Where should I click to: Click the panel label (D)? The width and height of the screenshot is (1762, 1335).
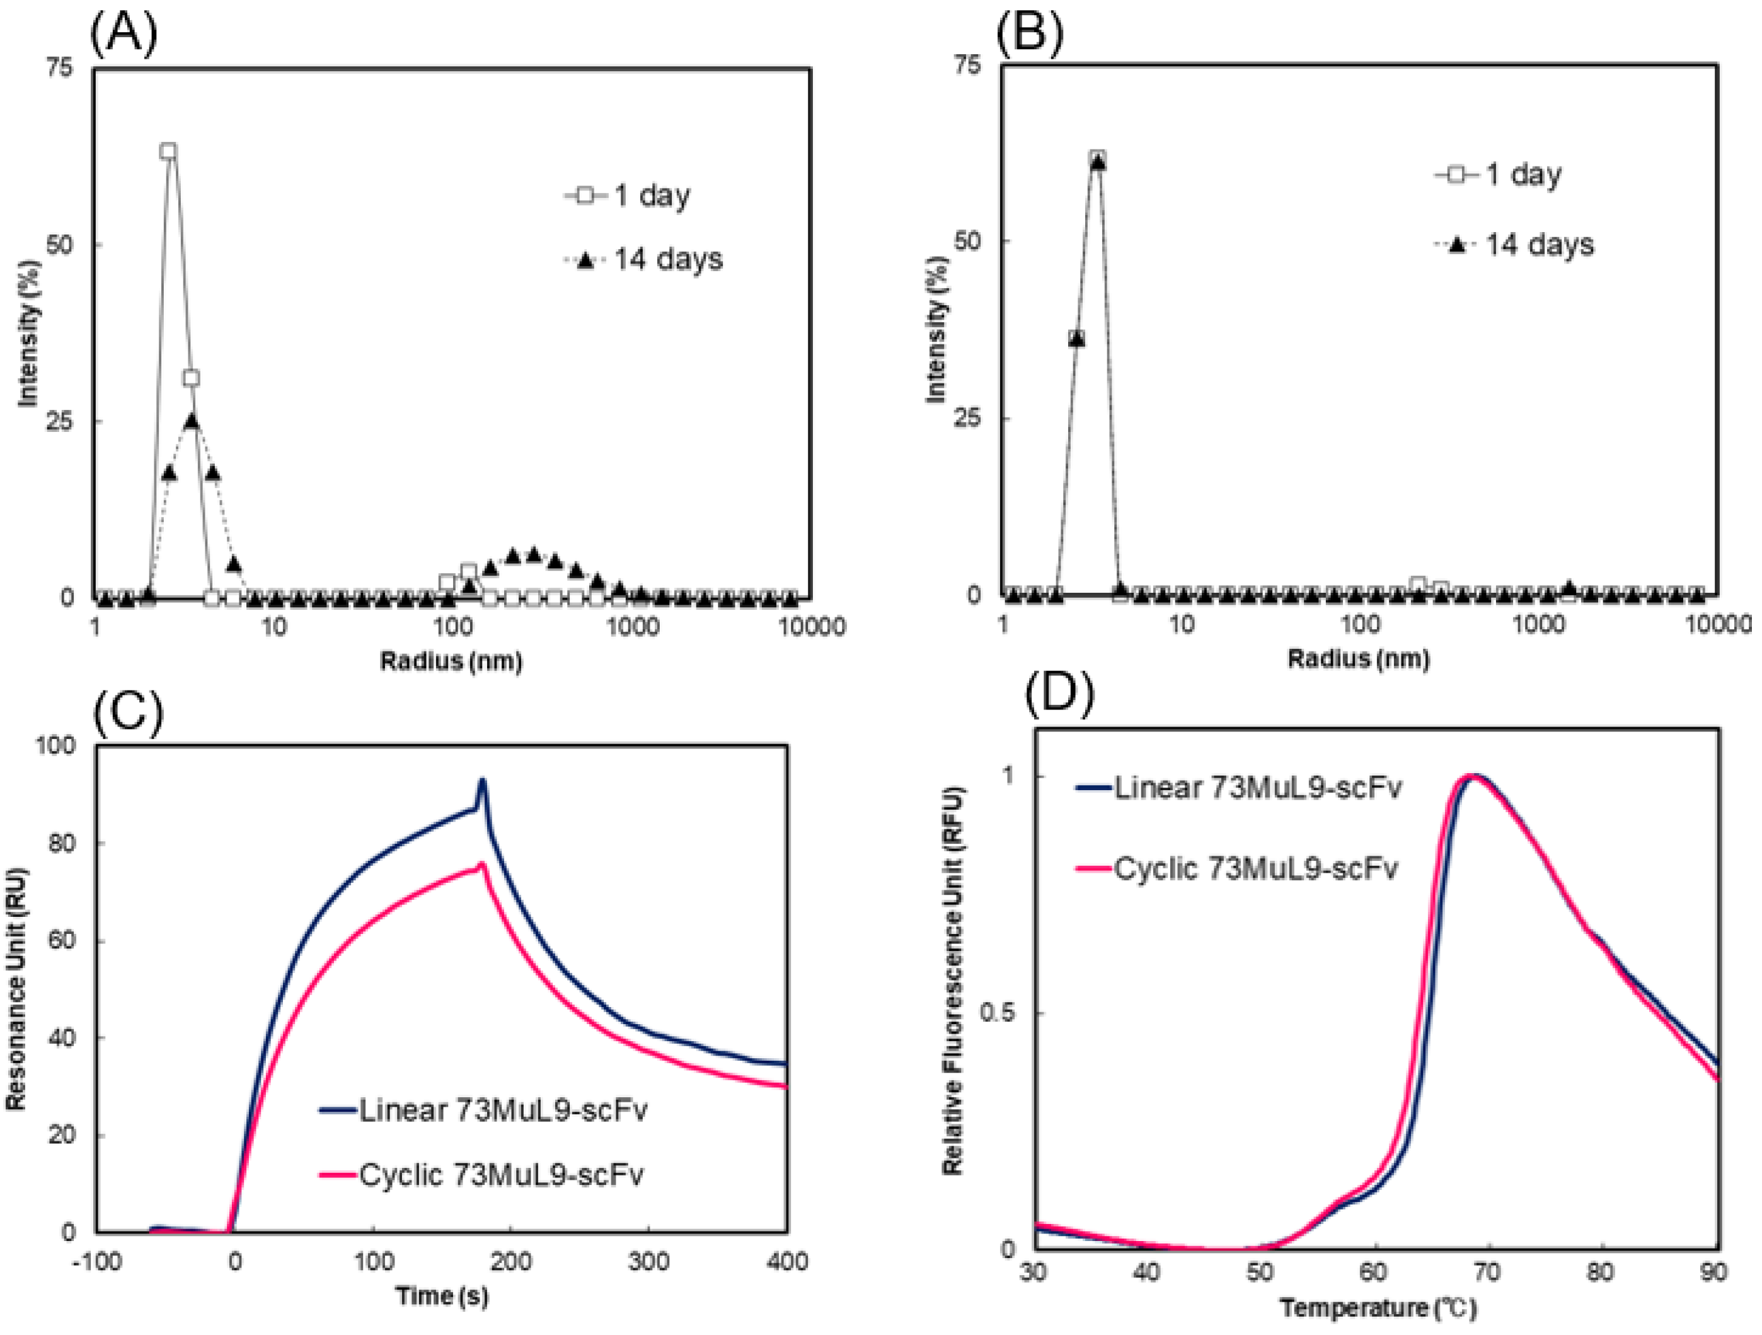(x=1059, y=694)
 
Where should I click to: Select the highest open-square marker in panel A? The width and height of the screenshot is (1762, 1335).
(x=168, y=151)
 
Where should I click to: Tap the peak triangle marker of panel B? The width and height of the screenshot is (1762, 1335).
(x=1098, y=163)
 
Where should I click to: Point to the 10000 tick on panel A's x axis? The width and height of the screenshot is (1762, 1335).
(x=811, y=627)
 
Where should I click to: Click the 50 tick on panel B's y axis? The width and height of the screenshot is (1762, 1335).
(x=967, y=242)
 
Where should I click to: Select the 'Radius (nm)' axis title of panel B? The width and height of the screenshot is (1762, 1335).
(x=1358, y=659)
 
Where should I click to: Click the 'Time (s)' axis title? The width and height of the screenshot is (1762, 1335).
(x=442, y=1297)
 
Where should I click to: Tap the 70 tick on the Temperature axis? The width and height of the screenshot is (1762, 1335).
(x=1487, y=1273)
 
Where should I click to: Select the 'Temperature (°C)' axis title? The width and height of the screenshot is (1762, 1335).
(x=1378, y=1308)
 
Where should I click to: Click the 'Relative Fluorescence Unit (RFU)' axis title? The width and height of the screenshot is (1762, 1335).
(x=953, y=981)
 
